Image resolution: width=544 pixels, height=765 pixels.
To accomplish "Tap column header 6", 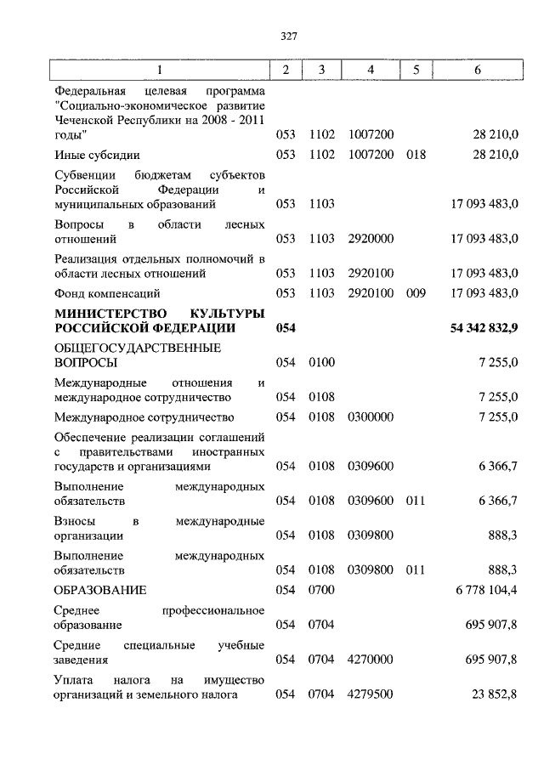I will [478, 70].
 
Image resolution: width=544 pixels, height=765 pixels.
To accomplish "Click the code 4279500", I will [371, 694].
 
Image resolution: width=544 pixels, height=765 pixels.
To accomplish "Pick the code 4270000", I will [371, 659].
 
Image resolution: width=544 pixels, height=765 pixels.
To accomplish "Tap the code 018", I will [415, 155].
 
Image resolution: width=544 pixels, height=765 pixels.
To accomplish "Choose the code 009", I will [415, 293].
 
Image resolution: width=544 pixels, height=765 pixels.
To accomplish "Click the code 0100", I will [322, 363].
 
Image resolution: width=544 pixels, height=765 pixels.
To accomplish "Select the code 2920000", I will [371, 239].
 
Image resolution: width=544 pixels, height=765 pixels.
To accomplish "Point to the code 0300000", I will [371, 417].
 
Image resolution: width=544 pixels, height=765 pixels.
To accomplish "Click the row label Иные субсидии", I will [96, 155].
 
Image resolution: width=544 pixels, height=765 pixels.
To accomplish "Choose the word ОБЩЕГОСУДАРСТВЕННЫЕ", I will [137, 348].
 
